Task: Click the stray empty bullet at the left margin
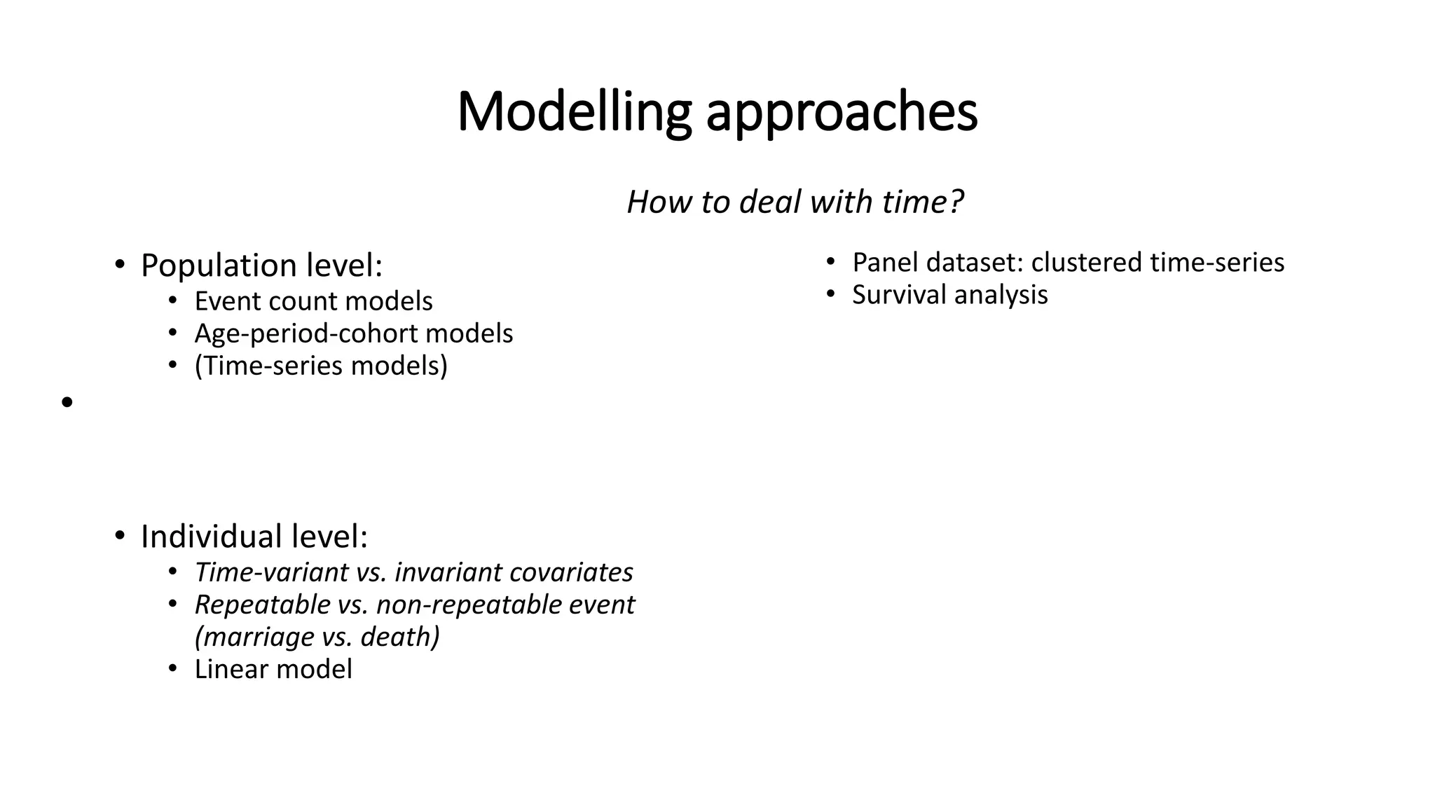[67, 403]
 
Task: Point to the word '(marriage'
[254, 637]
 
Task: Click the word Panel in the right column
[885, 263]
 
